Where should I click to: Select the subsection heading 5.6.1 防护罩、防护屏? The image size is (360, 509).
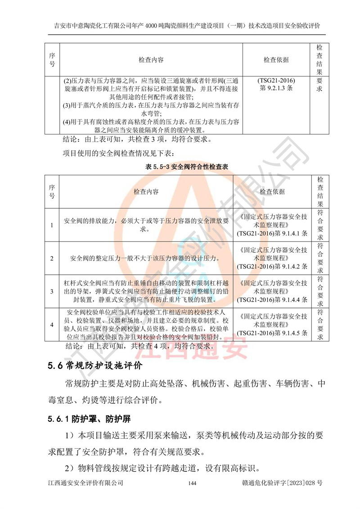[x=89, y=419]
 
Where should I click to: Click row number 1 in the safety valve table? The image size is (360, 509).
[x=52, y=225]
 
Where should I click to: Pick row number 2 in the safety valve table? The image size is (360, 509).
[x=52, y=258]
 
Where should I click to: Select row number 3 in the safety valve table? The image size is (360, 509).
[x=52, y=291]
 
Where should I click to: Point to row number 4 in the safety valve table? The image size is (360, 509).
[x=52, y=324]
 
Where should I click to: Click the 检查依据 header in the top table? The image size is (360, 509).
[x=276, y=60]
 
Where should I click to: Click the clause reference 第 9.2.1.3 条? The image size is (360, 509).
[x=276, y=89]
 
